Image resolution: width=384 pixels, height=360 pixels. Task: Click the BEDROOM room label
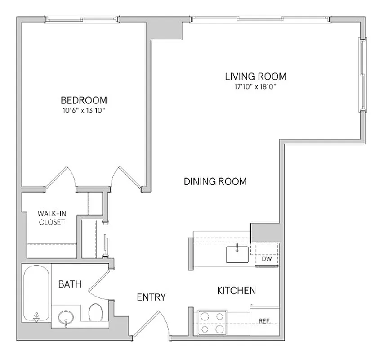tap(84, 100)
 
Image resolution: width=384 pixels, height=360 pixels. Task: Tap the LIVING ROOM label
tap(255, 76)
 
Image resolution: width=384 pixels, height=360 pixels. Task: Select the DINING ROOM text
tap(215, 182)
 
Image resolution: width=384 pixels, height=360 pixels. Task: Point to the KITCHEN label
tap(237, 291)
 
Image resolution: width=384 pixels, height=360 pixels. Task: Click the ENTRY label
tap(152, 297)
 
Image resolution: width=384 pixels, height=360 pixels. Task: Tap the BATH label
tap(70, 284)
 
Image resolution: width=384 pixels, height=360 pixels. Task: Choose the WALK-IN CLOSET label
tap(51, 218)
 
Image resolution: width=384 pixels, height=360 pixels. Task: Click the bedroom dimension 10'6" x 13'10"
tap(84, 110)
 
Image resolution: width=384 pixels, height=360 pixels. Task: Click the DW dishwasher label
tap(267, 259)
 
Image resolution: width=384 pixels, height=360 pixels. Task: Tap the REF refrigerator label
tap(264, 321)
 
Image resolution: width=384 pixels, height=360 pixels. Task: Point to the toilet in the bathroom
tap(95, 313)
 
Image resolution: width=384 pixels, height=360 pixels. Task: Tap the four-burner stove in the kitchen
tap(211, 323)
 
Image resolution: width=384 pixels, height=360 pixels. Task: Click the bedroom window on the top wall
tap(83, 19)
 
